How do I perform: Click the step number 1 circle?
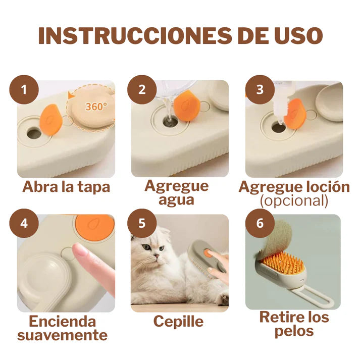click(x=24, y=90)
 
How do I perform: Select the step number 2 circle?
click(x=142, y=90)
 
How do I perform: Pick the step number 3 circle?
click(x=260, y=90)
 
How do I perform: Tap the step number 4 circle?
click(x=24, y=223)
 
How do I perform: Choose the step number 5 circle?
click(x=142, y=223)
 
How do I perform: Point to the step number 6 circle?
click(x=260, y=223)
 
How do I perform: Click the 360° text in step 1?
click(x=96, y=107)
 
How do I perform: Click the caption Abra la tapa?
click(x=66, y=187)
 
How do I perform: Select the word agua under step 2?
click(x=176, y=199)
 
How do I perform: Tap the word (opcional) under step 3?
click(x=294, y=200)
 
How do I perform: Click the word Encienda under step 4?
click(x=62, y=321)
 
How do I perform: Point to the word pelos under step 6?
click(x=294, y=331)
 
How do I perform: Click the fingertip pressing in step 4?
click(x=79, y=251)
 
